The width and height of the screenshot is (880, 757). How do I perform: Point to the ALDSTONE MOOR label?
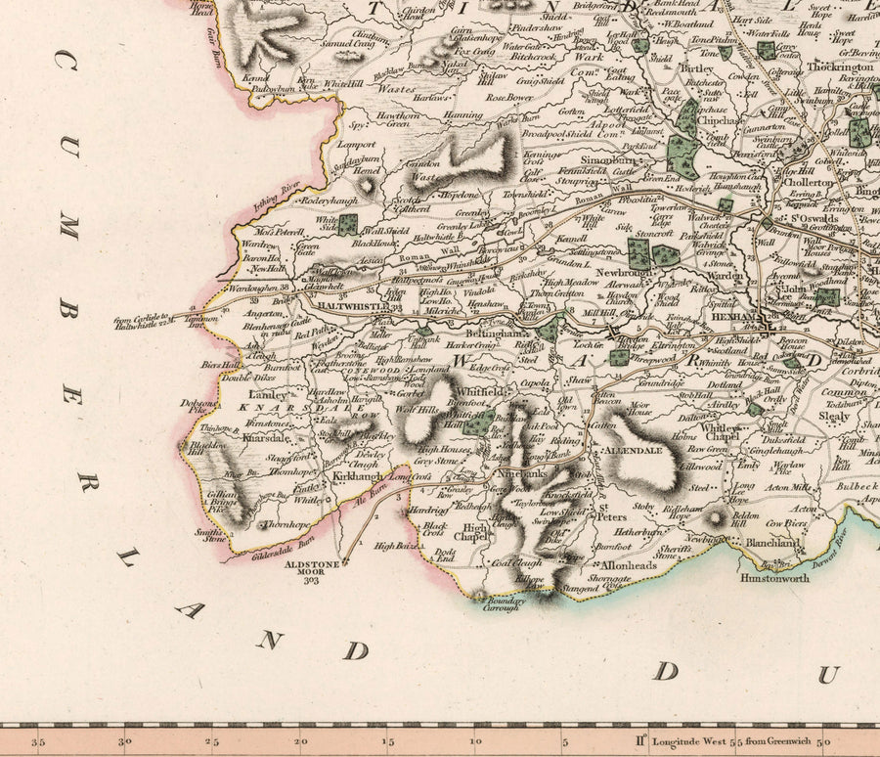311,565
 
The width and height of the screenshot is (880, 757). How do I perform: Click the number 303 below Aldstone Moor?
311,580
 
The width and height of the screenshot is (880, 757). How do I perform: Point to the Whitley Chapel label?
722,433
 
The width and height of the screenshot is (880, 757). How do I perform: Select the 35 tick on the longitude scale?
39,742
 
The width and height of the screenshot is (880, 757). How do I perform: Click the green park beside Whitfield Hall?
476,423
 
